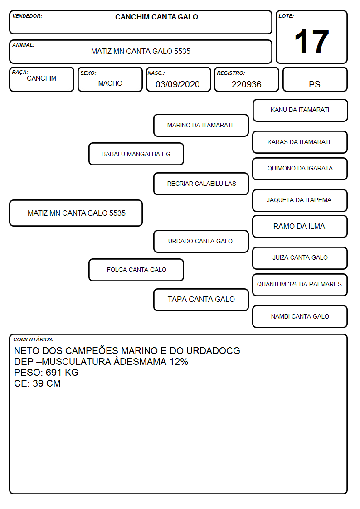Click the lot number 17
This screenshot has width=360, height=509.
point(311,42)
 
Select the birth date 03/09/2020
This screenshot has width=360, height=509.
point(178,84)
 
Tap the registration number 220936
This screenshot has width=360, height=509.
point(246,84)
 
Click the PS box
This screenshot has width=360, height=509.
point(315,79)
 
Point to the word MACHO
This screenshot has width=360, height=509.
point(110,83)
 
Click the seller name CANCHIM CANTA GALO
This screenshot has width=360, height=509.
point(156,17)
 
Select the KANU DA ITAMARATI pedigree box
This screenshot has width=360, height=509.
point(300,111)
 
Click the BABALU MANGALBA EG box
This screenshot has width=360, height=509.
point(136,154)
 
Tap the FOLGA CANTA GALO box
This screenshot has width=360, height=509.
point(136,270)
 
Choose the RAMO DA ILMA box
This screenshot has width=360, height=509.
point(300,226)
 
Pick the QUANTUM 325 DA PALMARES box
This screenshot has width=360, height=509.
point(300,285)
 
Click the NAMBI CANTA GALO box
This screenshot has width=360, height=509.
point(300,316)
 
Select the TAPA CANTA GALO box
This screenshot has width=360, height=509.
point(201,300)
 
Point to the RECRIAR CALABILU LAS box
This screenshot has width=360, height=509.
point(201,184)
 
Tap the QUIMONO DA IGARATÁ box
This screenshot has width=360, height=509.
point(300,169)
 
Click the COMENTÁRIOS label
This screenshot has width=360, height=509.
point(34,339)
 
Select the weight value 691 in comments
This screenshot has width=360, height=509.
point(54,372)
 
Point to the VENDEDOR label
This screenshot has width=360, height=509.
point(27,16)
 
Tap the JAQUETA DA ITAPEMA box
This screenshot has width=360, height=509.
point(300,200)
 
